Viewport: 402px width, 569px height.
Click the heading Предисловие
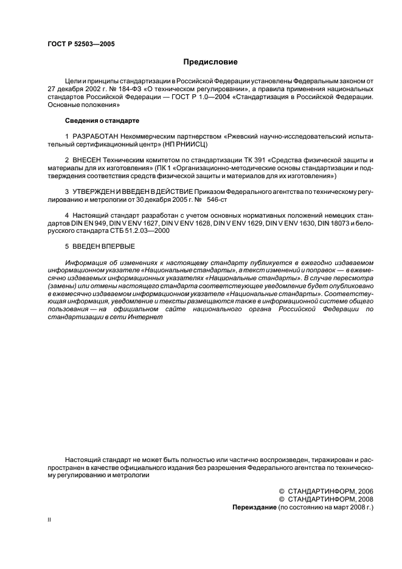[x=210, y=62]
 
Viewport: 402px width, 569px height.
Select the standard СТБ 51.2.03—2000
[x=136, y=231]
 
